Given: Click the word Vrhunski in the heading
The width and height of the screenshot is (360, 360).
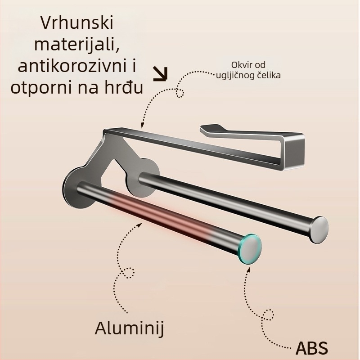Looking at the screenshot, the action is point(77,22).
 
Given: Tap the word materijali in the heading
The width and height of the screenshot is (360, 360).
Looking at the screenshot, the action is point(77,44).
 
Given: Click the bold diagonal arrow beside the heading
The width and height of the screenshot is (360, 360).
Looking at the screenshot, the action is point(161,74).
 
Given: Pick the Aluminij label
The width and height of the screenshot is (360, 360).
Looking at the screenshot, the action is point(130,328).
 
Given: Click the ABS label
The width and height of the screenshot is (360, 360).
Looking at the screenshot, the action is point(312,347).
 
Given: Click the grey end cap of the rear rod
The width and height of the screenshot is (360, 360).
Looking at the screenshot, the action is point(319,229).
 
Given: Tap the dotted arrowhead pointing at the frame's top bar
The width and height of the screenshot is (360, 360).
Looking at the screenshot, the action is point(142,125).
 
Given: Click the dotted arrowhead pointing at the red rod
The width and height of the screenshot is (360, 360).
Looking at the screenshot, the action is point(139,225).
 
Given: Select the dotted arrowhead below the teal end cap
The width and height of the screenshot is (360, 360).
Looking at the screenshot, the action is point(249,270).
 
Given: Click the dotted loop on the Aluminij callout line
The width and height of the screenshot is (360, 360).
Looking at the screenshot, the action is point(128,273).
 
